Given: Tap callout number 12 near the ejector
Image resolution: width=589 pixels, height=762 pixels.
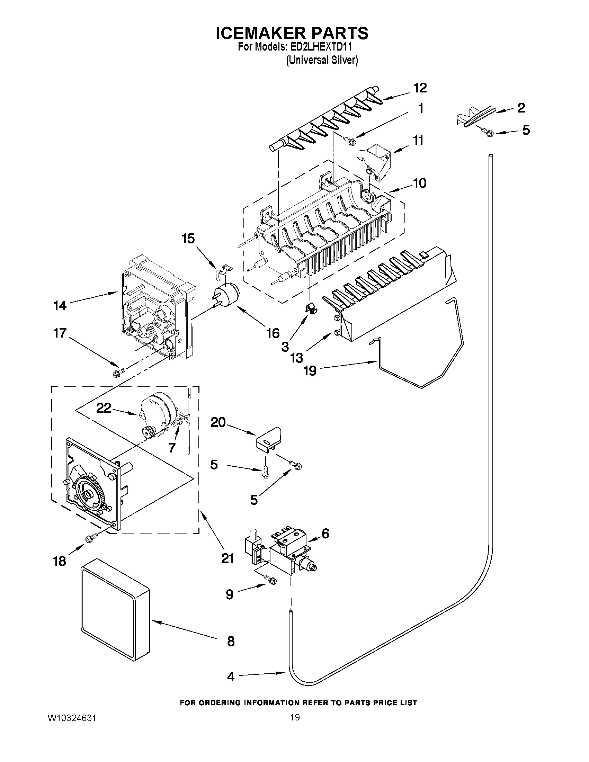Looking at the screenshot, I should point(420,88).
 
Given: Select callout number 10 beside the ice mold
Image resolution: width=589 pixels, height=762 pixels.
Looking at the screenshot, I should point(420,183).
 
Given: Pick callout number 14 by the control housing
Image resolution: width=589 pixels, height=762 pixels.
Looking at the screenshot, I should point(60,306).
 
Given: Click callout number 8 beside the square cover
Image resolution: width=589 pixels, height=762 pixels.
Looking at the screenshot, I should point(231,641).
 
